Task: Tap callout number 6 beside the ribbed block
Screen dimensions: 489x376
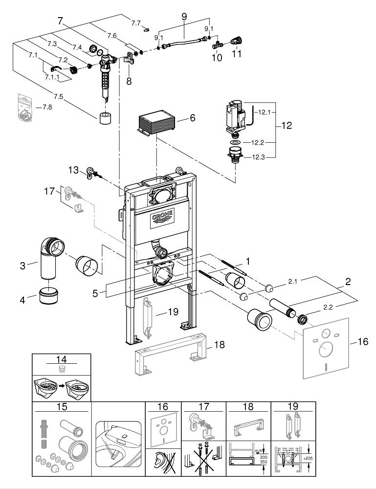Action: pyautogui.click(x=192, y=118)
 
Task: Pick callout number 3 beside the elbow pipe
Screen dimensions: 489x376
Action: pyautogui.click(x=22, y=266)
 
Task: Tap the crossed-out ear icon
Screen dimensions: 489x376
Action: pyautogui.click(x=163, y=461)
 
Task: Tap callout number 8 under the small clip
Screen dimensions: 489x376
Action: pyautogui.click(x=129, y=81)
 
